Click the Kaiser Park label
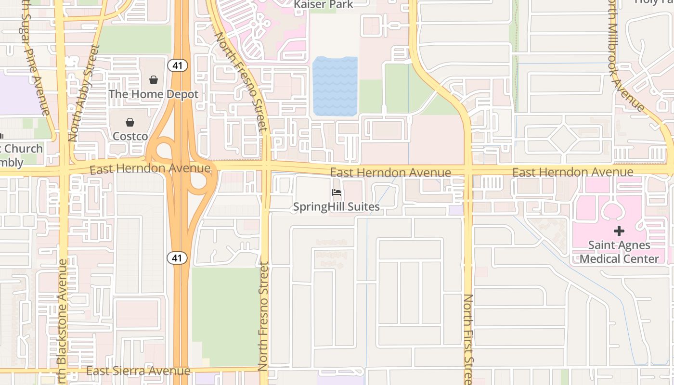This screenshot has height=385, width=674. pyautogui.click(x=324, y=5)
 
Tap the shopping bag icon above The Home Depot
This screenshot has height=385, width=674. pyautogui.click(x=154, y=80)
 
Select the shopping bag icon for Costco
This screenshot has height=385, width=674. pyautogui.click(x=130, y=122)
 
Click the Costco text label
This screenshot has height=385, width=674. pyautogui.click(x=130, y=136)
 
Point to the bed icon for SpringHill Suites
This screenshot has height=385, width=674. pyautogui.click(x=337, y=193)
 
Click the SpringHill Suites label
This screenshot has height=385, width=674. pyautogui.click(x=337, y=207)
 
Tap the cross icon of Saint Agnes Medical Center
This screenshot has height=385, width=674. pyautogui.click(x=619, y=231)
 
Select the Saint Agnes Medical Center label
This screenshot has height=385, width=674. pyautogui.click(x=619, y=252)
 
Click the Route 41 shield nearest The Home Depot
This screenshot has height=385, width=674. pyautogui.click(x=178, y=65)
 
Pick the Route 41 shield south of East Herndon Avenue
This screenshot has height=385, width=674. pyautogui.click(x=177, y=258)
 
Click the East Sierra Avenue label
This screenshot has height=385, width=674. pyautogui.click(x=139, y=371)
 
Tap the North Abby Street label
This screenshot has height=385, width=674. pyautogui.click(x=83, y=93)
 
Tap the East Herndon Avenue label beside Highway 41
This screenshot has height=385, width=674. pyautogui.click(x=150, y=168)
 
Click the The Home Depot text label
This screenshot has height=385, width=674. pyautogui.click(x=154, y=94)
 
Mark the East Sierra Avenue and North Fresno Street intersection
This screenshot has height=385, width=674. pyautogui.click(x=263, y=370)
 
